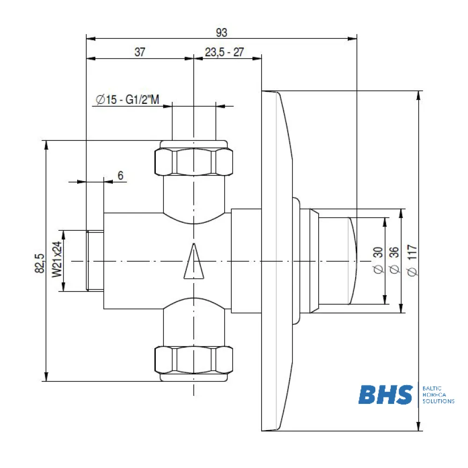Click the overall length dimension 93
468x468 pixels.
coord(221,32)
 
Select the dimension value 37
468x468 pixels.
coord(140,52)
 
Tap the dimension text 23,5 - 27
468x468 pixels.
coord(225,52)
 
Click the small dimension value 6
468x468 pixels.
coord(120,175)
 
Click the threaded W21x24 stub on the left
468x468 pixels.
coord(95,261)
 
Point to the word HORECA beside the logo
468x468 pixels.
coord(434,395)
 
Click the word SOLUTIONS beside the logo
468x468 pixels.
coord(438,401)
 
